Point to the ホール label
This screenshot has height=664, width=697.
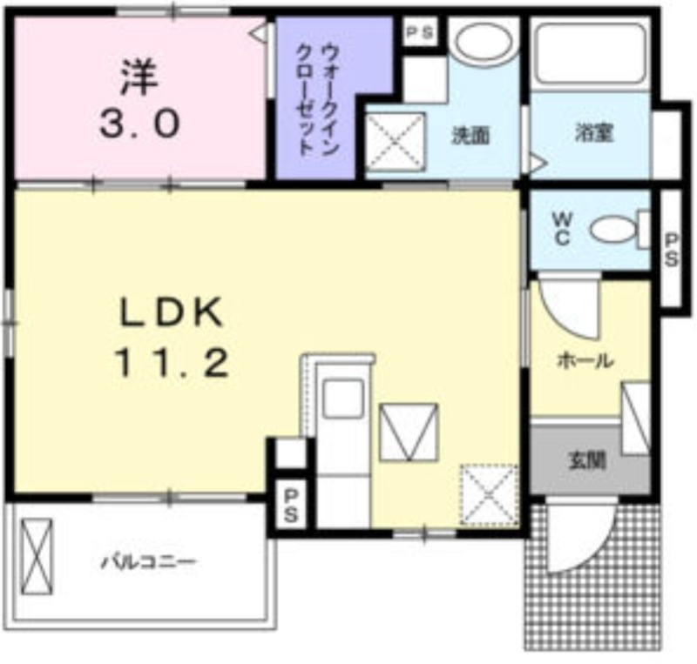[x=584, y=359]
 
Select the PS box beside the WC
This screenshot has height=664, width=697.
[x=673, y=249]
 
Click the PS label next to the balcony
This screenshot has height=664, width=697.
[x=290, y=505]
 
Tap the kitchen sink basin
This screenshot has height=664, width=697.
[x=342, y=399]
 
